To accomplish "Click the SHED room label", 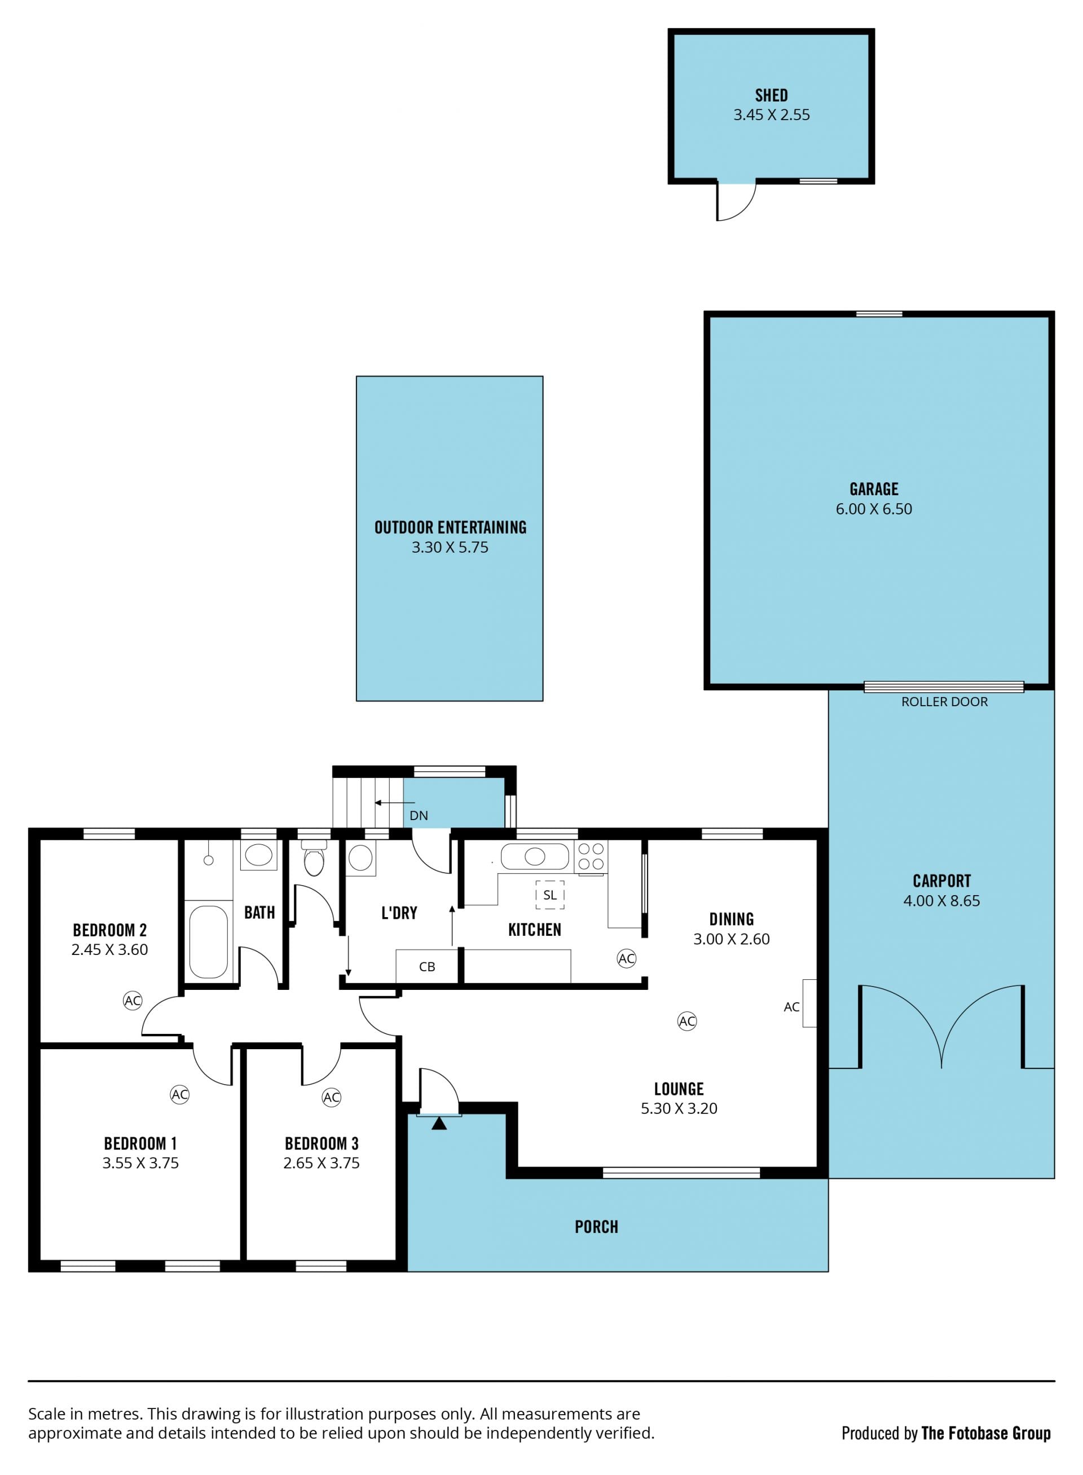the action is [771, 95].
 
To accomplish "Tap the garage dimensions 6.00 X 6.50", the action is [873, 509].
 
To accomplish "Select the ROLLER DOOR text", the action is [944, 702].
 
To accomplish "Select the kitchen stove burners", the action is [591, 857].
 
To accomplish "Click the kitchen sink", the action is [534, 856].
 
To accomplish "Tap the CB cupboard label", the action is [427, 966].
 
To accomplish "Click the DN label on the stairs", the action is [419, 816].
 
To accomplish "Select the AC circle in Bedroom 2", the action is [133, 1001].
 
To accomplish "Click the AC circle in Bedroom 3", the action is [332, 1098].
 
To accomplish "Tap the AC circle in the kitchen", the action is [627, 958].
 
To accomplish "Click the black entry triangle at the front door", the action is [439, 1123].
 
